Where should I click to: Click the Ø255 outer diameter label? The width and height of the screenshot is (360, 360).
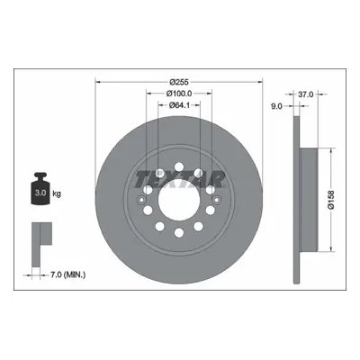point(179,82)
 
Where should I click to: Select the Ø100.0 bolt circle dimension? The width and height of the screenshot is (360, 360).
point(179,94)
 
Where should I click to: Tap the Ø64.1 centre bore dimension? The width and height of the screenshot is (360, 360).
point(179,105)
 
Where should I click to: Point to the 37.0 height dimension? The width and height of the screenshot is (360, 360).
point(305,94)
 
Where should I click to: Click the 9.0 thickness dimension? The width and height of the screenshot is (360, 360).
point(276,106)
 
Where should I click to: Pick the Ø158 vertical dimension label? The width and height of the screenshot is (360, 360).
point(330,200)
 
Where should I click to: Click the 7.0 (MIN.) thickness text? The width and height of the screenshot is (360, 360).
point(67,274)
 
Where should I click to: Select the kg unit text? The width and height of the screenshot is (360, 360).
point(57,193)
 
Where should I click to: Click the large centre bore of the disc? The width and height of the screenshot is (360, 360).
point(179,199)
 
